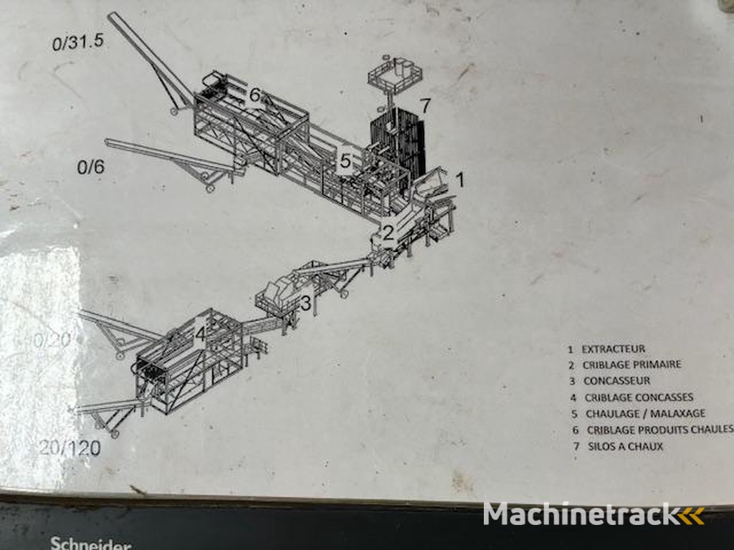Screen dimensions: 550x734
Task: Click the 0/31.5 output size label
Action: pos(78,42)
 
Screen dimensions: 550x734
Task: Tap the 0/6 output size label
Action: pos(90,168)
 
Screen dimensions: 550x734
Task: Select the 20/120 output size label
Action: pos(70,448)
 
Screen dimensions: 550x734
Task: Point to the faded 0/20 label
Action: pos(52,340)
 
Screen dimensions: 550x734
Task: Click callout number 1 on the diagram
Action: pos(460,180)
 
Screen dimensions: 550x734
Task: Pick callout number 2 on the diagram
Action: pos(388,232)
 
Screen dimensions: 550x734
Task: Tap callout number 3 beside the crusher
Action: pos(305,304)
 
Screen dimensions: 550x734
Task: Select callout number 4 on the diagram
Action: pos(200,334)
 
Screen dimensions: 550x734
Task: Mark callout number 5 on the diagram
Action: pos(345,161)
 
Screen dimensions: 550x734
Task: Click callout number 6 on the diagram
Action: pos(254,95)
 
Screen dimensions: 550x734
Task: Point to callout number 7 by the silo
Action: pos(425,106)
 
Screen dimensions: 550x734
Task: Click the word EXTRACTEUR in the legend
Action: pos(613,349)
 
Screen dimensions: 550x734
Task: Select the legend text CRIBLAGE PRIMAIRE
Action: pos(631,365)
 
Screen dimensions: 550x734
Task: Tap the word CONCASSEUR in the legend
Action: pos(616,381)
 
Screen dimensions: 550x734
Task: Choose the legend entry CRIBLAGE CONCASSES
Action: pos(639,397)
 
